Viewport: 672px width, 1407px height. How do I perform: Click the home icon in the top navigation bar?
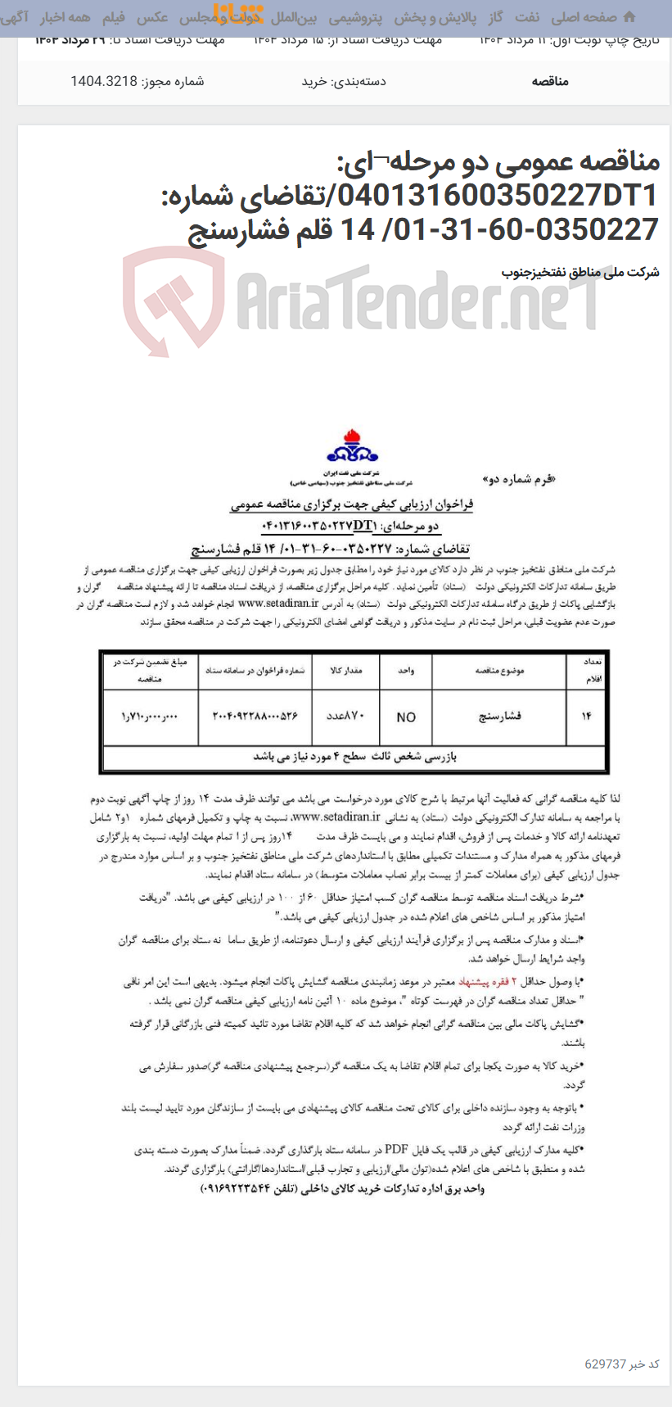tap(629, 16)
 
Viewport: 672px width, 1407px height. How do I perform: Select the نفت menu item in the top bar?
tap(527, 17)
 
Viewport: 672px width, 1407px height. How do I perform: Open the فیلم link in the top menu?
tap(113, 17)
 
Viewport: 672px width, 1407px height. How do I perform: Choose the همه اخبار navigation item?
tap(65, 17)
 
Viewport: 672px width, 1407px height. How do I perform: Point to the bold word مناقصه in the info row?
tap(549, 81)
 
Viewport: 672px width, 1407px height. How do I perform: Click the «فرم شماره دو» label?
tap(518, 480)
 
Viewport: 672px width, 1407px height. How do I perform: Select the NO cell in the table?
tap(406, 717)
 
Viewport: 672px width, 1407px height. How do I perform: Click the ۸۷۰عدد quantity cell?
tap(345, 717)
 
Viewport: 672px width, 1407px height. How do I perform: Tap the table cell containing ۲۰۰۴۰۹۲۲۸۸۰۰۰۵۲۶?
tap(255, 717)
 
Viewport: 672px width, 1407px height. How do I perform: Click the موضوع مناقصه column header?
tap(499, 672)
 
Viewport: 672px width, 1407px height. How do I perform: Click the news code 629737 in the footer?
tap(605, 1364)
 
